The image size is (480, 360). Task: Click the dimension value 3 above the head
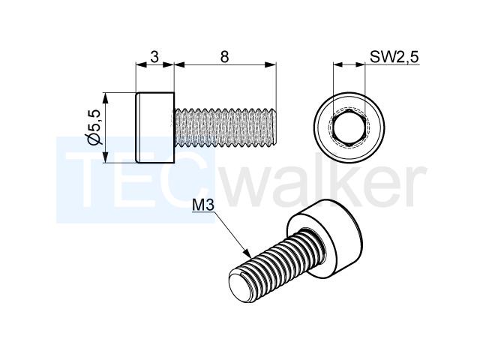coord(155,57)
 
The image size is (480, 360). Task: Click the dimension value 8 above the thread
coord(224,57)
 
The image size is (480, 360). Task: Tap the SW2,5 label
coord(394,57)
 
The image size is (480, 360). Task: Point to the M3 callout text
coord(203,205)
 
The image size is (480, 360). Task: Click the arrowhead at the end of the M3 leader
coord(247,252)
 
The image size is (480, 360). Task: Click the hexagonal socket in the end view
coord(349,127)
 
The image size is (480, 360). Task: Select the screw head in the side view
coord(155,127)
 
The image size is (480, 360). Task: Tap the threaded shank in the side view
coord(225,127)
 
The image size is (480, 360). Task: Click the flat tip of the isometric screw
coord(239,286)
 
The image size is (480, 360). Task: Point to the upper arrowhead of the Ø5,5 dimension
coord(105,99)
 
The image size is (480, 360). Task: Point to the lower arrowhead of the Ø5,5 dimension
coord(105,157)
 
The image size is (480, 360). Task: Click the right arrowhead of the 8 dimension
coord(270,64)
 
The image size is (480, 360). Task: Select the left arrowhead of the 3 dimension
coord(142,64)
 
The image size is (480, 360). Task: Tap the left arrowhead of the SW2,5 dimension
coord(338,64)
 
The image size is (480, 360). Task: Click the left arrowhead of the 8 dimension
coord(180,64)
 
